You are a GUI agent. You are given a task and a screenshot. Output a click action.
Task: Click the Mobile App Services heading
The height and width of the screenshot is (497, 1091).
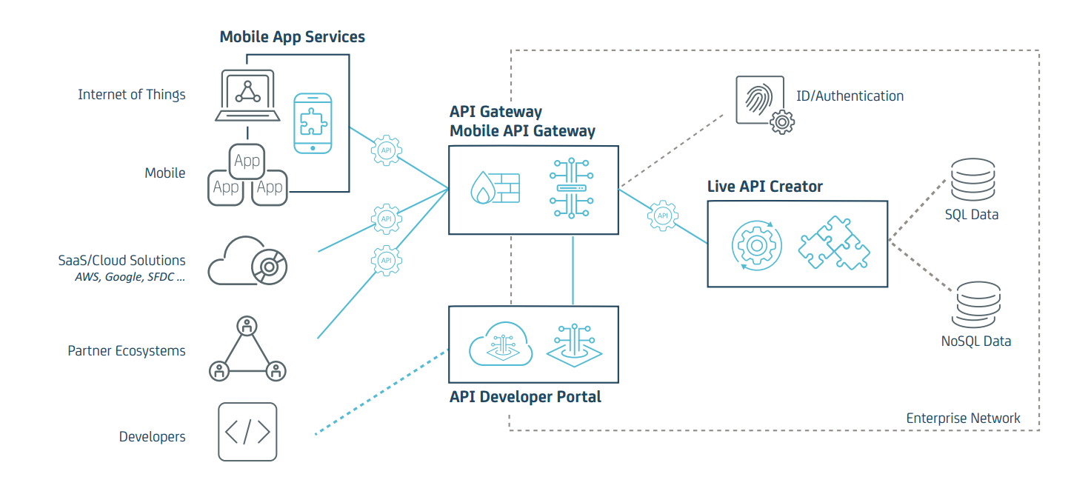(292, 37)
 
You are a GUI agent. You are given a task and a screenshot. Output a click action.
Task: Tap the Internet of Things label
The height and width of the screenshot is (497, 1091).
(132, 95)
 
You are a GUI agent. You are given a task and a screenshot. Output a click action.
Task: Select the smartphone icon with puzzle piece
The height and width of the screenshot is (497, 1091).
(312, 123)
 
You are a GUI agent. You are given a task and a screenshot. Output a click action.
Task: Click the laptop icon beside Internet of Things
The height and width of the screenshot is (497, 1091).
(247, 96)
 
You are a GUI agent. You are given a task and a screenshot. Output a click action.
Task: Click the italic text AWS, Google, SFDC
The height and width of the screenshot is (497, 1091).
(130, 277)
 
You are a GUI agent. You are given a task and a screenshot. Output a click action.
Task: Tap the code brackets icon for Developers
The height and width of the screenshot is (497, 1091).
(247, 432)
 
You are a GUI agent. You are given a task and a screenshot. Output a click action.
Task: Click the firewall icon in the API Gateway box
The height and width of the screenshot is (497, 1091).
(496, 189)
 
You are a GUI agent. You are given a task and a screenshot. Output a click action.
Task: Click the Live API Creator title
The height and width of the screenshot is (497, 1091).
(764, 187)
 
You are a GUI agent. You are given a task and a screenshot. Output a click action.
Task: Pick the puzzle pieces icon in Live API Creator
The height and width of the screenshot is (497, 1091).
(834, 243)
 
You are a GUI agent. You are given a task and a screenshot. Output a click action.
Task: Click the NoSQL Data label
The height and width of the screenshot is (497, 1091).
(975, 341)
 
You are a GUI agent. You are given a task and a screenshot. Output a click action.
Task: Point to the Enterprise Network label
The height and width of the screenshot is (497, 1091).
(963, 418)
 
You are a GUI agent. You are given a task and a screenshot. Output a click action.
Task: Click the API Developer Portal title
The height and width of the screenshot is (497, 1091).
(525, 397)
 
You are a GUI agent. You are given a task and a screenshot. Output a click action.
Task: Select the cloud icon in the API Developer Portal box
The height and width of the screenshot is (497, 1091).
(501, 343)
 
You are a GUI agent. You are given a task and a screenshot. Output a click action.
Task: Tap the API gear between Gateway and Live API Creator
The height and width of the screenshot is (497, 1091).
(663, 216)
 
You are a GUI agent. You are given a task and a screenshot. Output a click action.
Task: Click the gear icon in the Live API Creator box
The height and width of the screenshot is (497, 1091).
(755, 244)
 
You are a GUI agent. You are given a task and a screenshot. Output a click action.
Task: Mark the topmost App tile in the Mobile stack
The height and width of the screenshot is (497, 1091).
(247, 161)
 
